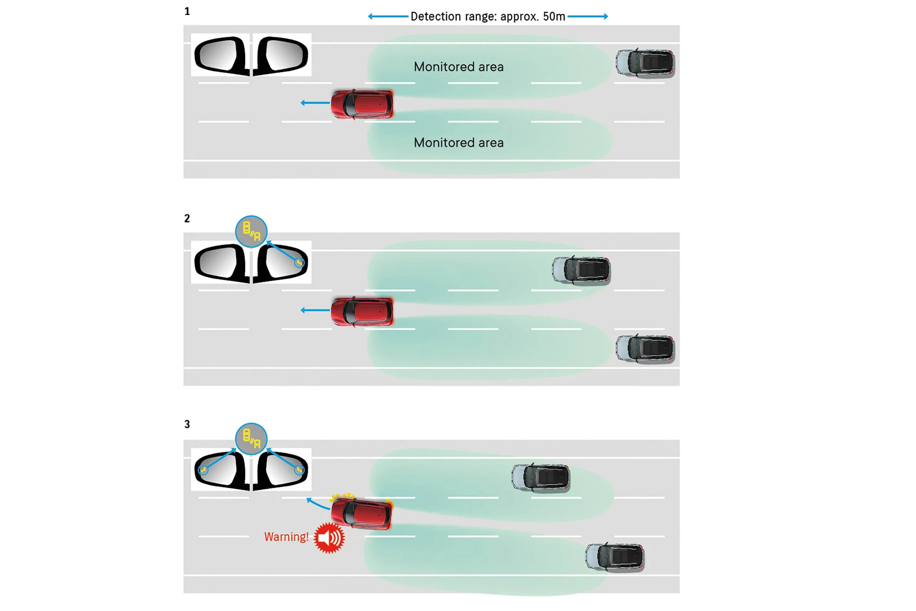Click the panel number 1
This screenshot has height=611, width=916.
coord(187,11)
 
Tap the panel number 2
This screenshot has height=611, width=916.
coord(187,218)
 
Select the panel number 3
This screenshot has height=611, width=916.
coord(187,424)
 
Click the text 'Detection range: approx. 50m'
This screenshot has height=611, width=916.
coord(488,16)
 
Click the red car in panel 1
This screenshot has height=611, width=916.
coord(362,104)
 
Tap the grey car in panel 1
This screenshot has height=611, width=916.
coord(645,63)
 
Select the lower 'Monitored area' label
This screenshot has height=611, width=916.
coord(458,143)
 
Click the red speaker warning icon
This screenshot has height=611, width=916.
coord(329,538)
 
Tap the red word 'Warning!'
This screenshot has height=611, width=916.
coord(286,537)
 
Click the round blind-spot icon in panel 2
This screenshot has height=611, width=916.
coord(251,231)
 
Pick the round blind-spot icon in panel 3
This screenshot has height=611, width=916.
coord(251,439)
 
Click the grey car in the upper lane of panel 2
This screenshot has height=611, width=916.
coord(581,271)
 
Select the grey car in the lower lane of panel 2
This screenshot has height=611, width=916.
coord(645,349)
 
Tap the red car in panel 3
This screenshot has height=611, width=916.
coord(361,514)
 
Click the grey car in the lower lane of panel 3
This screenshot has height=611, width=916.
coord(615,557)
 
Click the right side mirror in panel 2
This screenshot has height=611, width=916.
coord(281,262)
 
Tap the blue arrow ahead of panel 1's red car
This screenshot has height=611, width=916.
coord(315,103)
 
